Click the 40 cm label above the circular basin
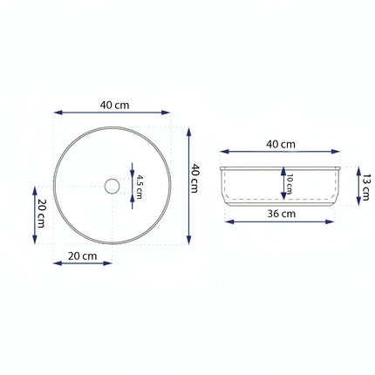pos(114,105)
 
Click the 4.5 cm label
pos(138,184)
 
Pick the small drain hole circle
pos(111,186)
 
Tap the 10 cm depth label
pos(289,186)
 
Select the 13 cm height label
pos(367,186)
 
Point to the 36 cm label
pos(281,213)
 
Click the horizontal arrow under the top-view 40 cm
pos(112,112)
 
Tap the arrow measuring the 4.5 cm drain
pos(131,184)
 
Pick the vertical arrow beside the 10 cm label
pos(282,186)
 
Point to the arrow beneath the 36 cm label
pos(279,221)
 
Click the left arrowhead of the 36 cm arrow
pos(228,221)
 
